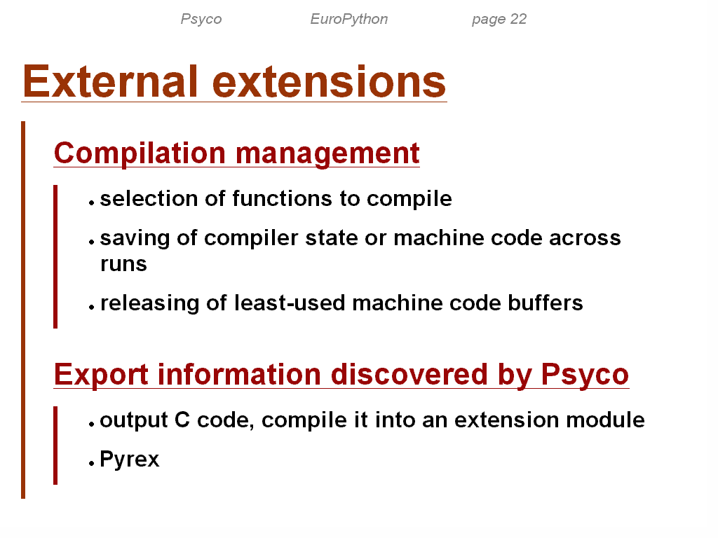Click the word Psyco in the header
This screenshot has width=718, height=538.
click(201, 19)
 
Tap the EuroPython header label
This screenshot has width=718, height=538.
click(349, 19)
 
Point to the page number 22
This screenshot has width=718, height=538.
click(518, 19)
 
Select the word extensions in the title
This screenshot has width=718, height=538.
click(329, 82)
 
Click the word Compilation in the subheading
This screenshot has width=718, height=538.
click(140, 153)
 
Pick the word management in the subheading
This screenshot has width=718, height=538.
click(327, 154)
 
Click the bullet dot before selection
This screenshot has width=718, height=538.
click(92, 202)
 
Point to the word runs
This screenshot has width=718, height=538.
click(123, 264)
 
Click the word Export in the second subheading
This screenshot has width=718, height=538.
click(101, 375)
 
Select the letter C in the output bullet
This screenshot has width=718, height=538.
click(182, 420)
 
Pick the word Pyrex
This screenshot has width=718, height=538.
click(130, 460)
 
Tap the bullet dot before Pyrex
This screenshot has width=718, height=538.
click(92, 463)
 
